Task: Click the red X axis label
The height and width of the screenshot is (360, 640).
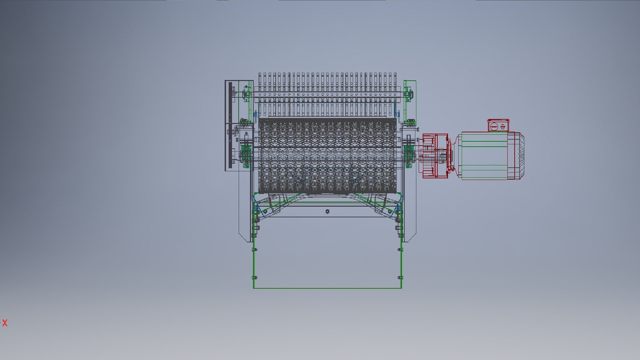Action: pyautogui.click(x=5, y=323)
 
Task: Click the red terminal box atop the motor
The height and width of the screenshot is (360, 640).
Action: pyautogui.click(x=498, y=126)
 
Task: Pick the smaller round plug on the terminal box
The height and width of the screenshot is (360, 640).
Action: pyautogui.click(x=503, y=127)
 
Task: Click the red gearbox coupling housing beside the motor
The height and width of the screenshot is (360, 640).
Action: pyautogui.click(x=435, y=156)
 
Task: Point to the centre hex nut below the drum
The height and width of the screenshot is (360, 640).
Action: pyautogui.click(x=327, y=211)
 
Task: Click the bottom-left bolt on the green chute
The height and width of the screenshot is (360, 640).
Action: pyautogui.click(x=255, y=277)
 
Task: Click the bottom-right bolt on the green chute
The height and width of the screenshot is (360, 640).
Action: pyautogui.click(x=400, y=277)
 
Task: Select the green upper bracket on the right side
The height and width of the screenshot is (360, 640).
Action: pyautogui.click(x=410, y=100)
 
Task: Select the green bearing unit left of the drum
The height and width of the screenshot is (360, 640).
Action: pyautogui.click(x=246, y=155)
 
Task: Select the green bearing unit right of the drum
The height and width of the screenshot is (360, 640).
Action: pyautogui.click(x=408, y=155)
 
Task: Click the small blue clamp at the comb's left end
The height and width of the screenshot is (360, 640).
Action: pyautogui.click(x=256, y=114)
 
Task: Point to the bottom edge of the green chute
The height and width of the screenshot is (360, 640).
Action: pyautogui.click(x=327, y=288)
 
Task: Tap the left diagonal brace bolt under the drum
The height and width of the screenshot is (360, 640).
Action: pyautogui.click(x=265, y=211)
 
